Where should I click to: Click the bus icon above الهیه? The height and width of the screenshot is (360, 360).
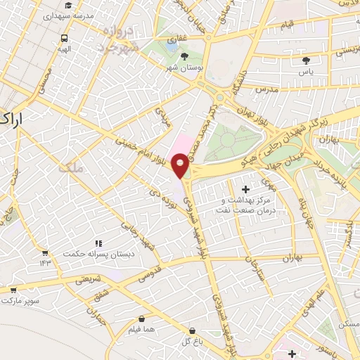click(x=65, y=39)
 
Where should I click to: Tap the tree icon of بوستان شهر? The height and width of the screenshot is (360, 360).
click(x=184, y=56)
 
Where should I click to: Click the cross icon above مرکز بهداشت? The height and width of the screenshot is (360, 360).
click(x=245, y=189)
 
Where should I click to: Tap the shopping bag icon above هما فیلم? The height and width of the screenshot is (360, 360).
click(x=143, y=318)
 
